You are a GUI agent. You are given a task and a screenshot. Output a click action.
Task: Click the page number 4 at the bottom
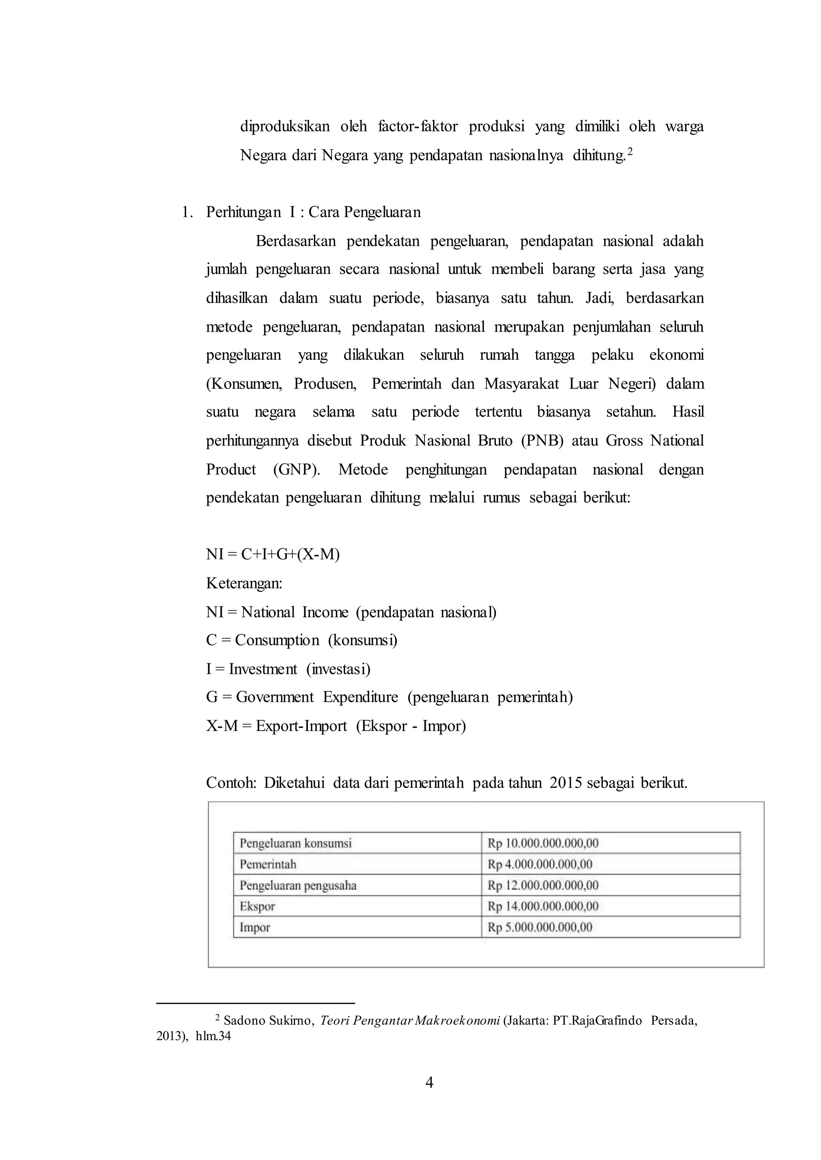tap(429, 1082)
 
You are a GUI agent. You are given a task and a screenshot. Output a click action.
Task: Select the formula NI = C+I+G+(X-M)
tap(273, 554)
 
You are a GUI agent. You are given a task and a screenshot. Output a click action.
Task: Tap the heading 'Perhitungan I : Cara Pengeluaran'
tap(313, 212)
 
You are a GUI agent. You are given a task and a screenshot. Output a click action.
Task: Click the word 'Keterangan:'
tap(244, 584)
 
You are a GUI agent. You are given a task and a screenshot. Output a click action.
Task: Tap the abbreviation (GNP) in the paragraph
tap(296, 470)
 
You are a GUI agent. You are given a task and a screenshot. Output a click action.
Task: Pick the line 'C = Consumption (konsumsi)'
tap(301, 640)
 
